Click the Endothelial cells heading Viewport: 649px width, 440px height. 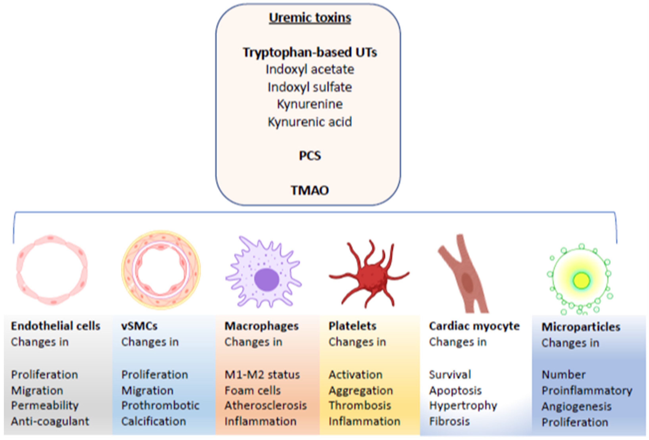coord(56,326)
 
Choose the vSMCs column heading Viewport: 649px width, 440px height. coord(139,326)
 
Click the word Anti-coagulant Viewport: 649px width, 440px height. coord(50,421)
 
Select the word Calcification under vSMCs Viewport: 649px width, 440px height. coord(154,421)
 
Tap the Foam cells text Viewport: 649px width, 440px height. coord(252,391)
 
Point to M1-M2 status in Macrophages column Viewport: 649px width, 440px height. coord(262,375)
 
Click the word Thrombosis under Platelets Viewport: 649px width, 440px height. coord(360,406)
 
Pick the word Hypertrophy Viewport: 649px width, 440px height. coord(463,406)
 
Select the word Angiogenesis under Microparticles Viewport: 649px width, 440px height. coord(576,407)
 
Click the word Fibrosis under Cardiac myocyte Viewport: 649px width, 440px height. coord(449,421)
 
